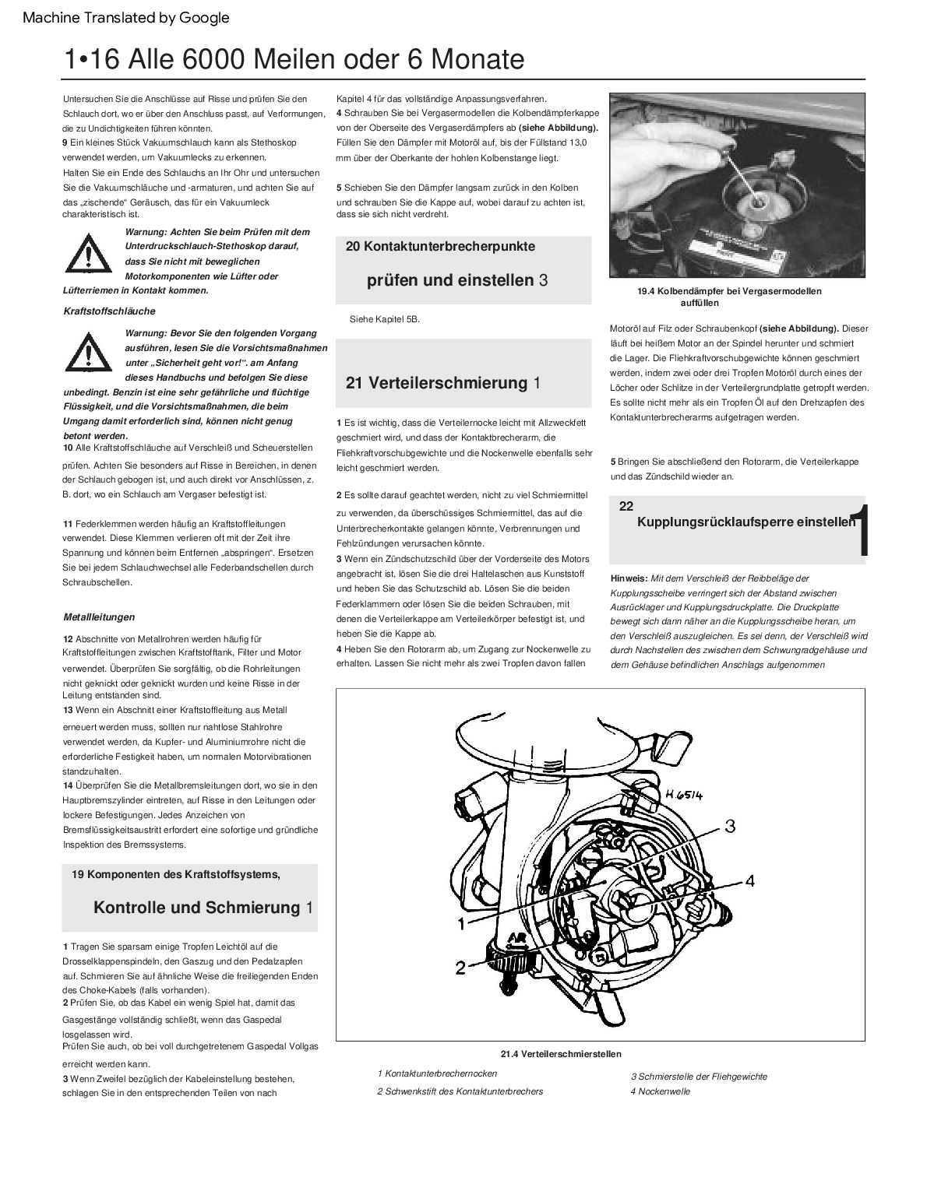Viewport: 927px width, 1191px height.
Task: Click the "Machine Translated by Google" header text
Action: [x=126, y=17]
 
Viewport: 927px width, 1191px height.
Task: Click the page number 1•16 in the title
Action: [x=92, y=59]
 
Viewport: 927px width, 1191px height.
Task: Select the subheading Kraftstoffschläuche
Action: [x=109, y=311]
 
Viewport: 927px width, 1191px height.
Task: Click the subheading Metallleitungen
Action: [x=99, y=617]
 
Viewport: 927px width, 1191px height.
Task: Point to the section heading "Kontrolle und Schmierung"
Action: [x=196, y=908]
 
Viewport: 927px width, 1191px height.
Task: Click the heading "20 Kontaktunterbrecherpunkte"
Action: [x=440, y=247]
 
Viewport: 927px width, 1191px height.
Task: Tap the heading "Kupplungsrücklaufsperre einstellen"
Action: [x=745, y=522]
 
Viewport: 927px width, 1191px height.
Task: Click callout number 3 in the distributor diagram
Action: [x=730, y=825]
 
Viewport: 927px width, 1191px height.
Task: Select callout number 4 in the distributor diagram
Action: [x=749, y=880]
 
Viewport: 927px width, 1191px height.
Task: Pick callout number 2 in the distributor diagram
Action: [x=460, y=968]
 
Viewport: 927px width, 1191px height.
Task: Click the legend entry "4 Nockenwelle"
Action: [x=660, y=1091]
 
